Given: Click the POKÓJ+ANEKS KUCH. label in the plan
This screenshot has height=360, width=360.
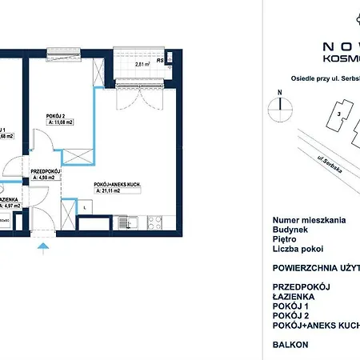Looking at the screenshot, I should (x=118, y=184).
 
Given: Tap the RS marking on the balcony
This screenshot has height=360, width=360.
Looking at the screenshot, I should (x=161, y=59).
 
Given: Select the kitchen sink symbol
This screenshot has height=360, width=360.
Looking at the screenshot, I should (x=138, y=223).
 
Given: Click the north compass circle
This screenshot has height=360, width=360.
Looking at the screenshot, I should (x=279, y=110).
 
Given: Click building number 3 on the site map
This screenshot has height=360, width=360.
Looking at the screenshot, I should (x=339, y=114).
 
